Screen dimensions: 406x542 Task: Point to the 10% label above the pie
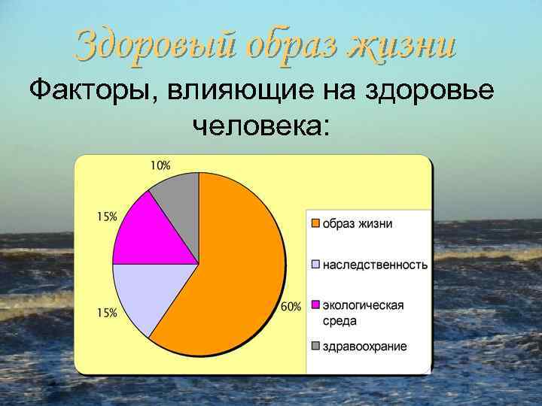tap(160, 165)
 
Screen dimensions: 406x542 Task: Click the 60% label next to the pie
tap(291, 306)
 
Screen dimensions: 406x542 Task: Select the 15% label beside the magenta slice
tap(107, 217)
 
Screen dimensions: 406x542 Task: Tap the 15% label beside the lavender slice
tap(107, 313)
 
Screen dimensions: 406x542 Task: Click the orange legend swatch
tap(316, 224)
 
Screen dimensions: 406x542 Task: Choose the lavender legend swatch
tap(316, 265)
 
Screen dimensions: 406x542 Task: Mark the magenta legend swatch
tap(316, 305)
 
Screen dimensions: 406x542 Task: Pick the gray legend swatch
tap(316, 347)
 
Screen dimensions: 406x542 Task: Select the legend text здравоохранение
tap(365, 347)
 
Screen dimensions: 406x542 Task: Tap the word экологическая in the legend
tap(364, 304)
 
